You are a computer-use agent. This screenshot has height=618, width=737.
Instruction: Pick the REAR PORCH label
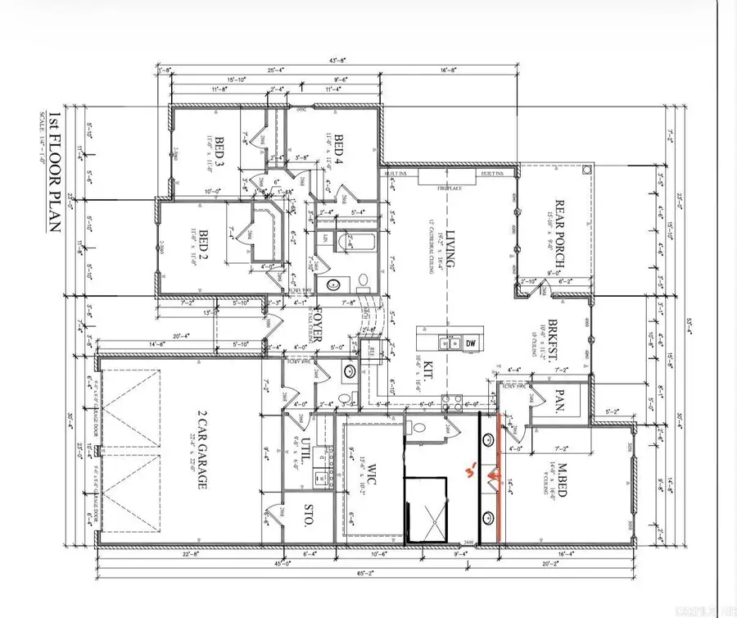click(563, 226)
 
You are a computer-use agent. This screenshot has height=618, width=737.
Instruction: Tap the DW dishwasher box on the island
click(468, 344)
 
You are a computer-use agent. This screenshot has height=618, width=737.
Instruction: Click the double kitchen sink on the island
click(447, 344)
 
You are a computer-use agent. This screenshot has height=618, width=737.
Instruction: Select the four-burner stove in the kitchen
click(450, 402)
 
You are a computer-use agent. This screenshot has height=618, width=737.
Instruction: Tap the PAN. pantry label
click(563, 400)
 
